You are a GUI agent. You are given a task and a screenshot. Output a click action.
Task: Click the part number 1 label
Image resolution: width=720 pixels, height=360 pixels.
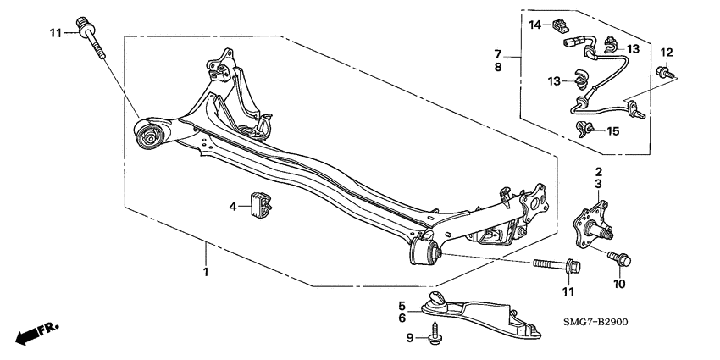(x=205, y=272)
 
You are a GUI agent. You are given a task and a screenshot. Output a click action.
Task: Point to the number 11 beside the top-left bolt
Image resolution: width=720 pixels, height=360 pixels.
(x=56, y=33)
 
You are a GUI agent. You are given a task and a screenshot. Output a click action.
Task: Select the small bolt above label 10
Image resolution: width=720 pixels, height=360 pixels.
(x=618, y=256)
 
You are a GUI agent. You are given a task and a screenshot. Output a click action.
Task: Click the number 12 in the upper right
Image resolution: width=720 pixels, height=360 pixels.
(x=666, y=53)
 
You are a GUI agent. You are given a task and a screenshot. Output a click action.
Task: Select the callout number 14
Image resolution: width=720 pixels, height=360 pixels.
(x=535, y=25)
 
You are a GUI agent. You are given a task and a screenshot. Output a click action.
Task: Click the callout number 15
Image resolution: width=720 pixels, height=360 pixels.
(x=613, y=131)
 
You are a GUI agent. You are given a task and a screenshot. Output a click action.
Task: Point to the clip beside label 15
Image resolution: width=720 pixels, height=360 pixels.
(x=583, y=129)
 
